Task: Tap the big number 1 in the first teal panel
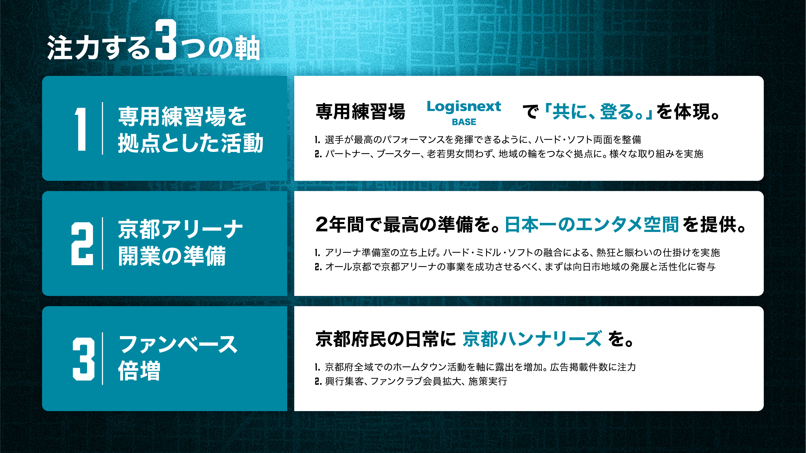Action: point(81,129)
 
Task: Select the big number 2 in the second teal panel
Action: point(82,244)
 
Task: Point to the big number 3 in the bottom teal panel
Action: point(83,359)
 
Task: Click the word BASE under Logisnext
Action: point(464,122)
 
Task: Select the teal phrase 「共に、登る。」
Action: point(598,111)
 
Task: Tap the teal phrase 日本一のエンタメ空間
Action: point(592,224)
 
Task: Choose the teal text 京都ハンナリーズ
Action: point(532,339)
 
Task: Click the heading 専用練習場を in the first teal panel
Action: point(182,116)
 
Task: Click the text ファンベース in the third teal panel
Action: point(178,344)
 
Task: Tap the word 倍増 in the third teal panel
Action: point(139,371)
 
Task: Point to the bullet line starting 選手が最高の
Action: point(478,140)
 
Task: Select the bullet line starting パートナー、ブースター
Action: point(509,154)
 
